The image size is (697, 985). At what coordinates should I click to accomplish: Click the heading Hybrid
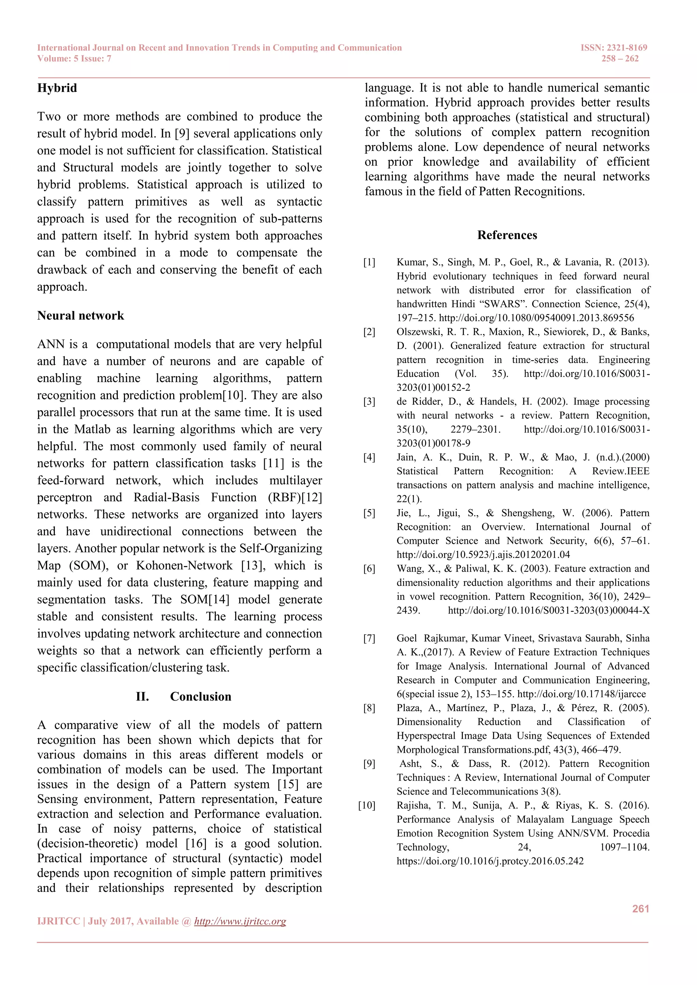click(x=57, y=88)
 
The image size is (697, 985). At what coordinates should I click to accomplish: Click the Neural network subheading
click(x=80, y=316)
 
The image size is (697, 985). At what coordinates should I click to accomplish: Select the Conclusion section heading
click(x=200, y=696)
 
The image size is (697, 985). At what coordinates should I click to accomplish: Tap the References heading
click(x=507, y=235)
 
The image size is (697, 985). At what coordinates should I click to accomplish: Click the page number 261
click(x=641, y=908)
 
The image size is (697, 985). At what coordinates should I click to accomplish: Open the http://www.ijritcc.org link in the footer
click(x=240, y=921)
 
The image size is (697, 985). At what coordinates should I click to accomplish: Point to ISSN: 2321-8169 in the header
click(x=614, y=48)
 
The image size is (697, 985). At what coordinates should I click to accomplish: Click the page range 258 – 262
click(x=620, y=59)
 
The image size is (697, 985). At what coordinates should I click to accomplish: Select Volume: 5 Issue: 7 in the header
click(x=74, y=59)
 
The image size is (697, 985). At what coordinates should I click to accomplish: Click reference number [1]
click(x=369, y=262)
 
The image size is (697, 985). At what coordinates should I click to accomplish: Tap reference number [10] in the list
click(x=367, y=806)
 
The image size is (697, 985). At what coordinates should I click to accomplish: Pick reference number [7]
click(x=369, y=638)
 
